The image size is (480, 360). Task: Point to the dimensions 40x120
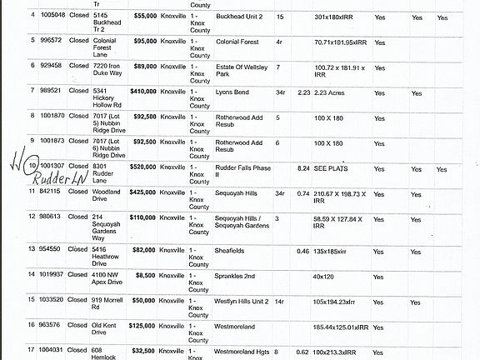326,273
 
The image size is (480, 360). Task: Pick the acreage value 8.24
303,167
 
